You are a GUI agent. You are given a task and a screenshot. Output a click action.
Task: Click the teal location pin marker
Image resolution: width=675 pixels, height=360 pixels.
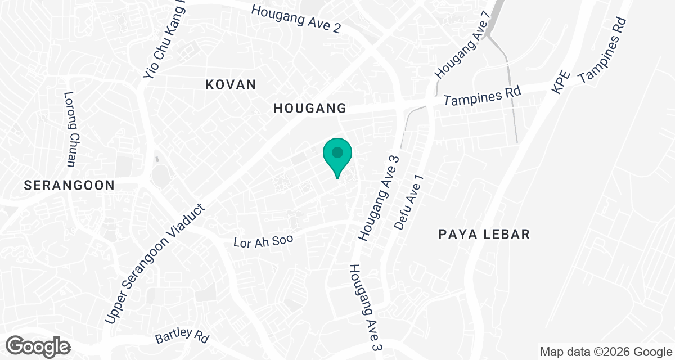(x=337, y=156)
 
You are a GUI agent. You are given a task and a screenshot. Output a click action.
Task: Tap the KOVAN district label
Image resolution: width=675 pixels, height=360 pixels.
(x=231, y=85)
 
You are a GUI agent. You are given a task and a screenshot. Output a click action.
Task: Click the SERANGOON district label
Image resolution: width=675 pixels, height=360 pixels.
(x=69, y=184)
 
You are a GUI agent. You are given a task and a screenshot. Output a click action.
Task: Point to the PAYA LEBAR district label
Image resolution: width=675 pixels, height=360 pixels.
(x=484, y=234)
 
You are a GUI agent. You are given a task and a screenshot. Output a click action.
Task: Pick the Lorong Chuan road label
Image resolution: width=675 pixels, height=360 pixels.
(x=70, y=129)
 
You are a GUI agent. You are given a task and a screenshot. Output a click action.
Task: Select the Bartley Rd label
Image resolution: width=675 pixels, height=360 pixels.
(x=182, y=336)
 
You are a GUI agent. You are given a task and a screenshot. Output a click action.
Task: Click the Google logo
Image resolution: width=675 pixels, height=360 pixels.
(x=39, y=346)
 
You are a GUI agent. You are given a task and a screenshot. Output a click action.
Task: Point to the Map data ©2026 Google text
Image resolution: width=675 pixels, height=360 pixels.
(x=605, y=352)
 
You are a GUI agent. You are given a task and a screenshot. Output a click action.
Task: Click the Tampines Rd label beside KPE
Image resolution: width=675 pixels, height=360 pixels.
(x=603, y=51)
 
